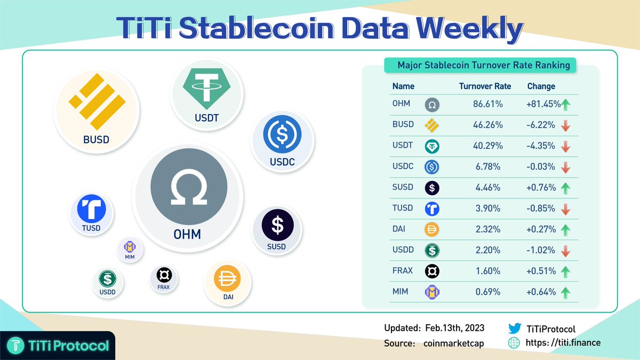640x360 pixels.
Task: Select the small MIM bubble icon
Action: (x=130, y=249)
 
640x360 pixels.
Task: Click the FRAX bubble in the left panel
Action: (x=163, y=277)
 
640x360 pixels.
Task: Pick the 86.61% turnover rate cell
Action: (x=488, y=105)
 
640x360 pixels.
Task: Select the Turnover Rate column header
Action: (x=485, y=86)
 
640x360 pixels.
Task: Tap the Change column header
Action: (x=541, y=86)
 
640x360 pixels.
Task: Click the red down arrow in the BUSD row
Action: (x=566, y=125)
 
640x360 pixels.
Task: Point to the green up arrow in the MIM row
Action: (x=566, y=292)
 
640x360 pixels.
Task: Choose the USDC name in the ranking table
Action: (x=403, y=167)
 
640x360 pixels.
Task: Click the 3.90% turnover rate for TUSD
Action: (x=488, y=209)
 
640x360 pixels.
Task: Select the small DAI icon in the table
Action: (x=431, y=230)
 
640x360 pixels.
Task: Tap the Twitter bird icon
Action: (x=514, y=329)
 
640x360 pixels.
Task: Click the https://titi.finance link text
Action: (x=563, y=343)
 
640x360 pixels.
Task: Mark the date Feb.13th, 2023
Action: (x=454, y=328)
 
